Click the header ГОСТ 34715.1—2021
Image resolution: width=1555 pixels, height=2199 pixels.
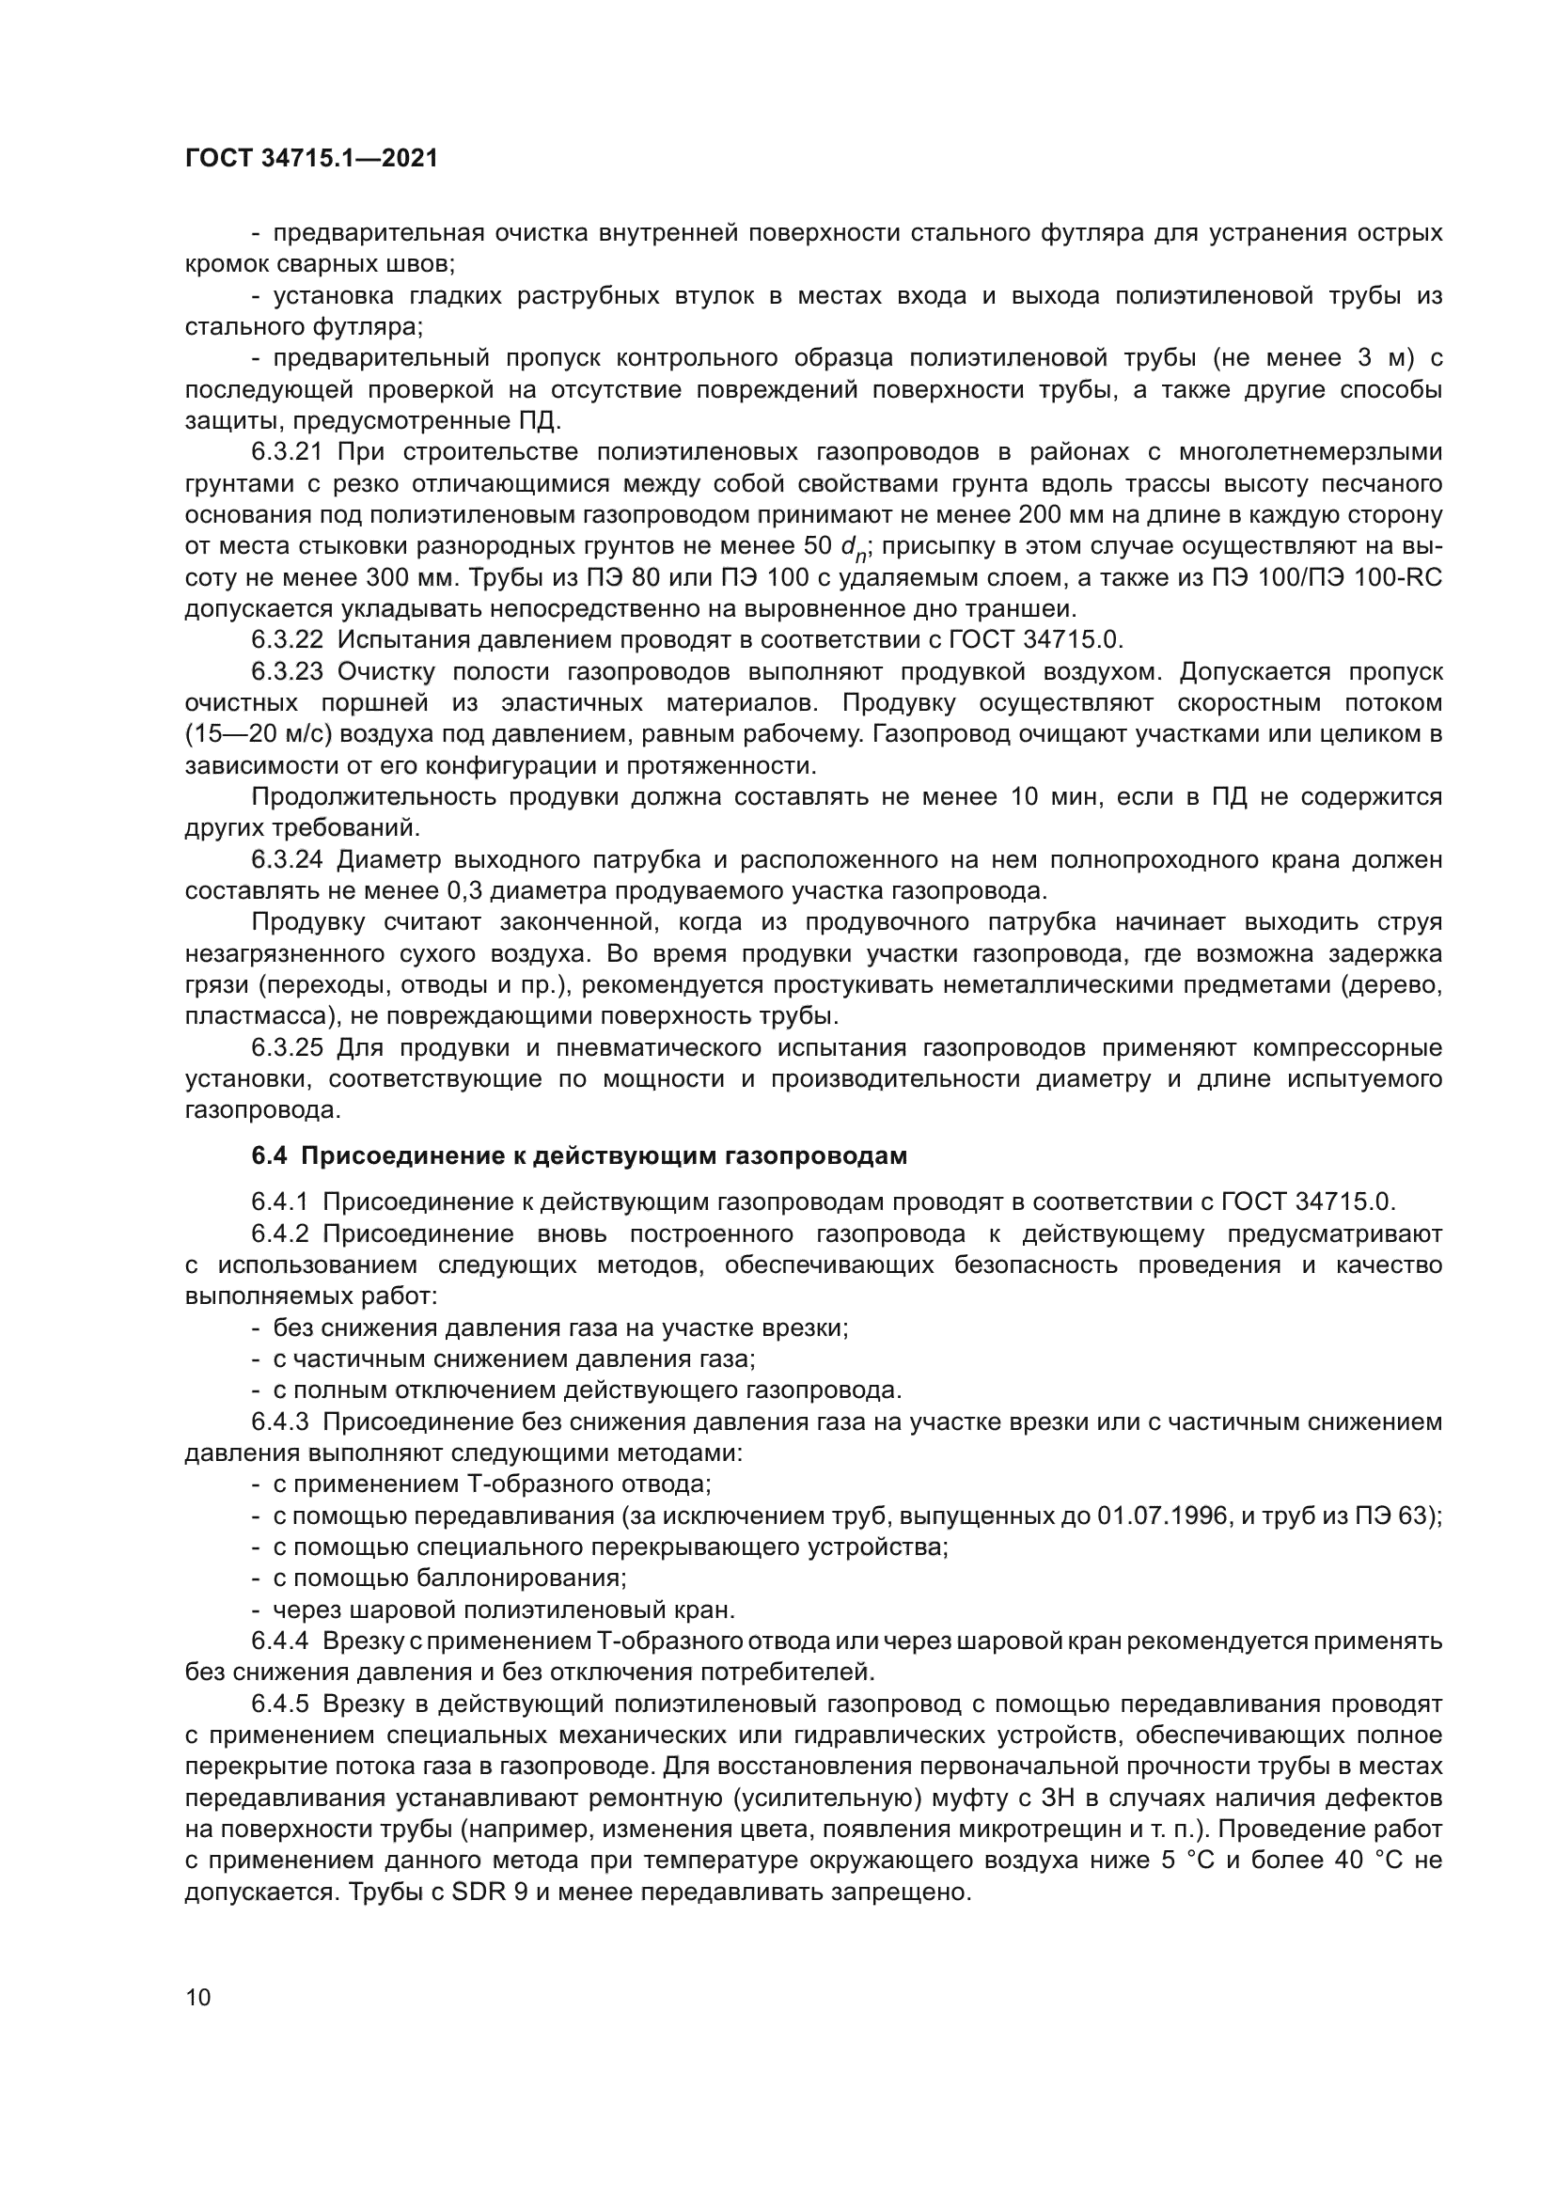[311, 159]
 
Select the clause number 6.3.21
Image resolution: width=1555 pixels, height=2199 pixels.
[288, 452]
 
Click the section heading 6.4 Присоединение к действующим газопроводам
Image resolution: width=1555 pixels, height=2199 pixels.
[579, 1156]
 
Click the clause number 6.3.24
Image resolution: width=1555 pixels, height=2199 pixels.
[288, 860]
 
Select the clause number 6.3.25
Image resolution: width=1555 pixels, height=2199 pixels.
[288, 1047]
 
